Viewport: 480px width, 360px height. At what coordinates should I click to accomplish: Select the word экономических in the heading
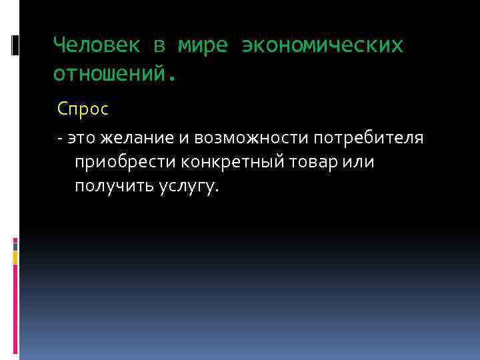[323, 45]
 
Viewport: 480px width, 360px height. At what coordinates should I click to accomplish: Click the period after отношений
[175, 77]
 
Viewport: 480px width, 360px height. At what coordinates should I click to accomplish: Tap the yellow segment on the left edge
[15, 257]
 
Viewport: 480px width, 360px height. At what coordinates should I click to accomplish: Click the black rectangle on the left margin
[15, 45]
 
